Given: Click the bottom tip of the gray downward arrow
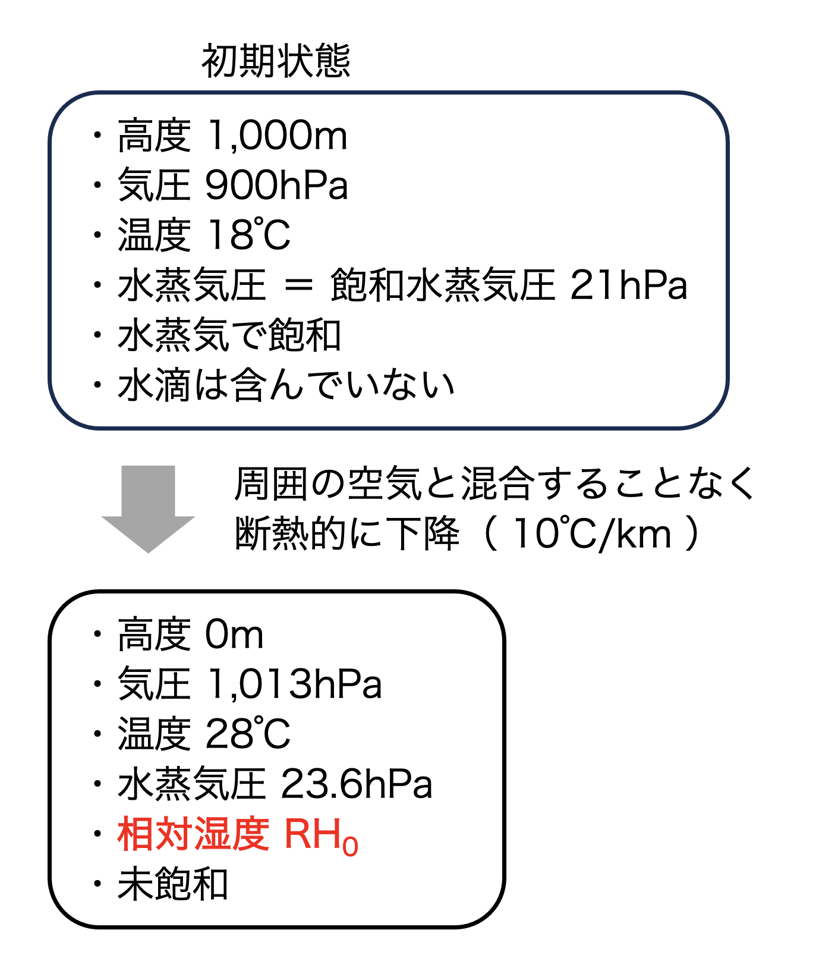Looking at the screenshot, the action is pos(148,552).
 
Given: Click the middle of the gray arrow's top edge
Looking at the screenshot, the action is pos(148,466).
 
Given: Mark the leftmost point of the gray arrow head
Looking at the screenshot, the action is pos(102,517).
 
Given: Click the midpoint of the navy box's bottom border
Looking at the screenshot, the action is pos(389,428).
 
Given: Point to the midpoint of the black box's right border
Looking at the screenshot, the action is pos(503,759).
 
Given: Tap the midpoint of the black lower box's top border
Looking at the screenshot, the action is pos(277,592).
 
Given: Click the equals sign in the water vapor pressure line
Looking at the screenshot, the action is pos(298,285).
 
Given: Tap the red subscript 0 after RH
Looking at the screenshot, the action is pos(350,846).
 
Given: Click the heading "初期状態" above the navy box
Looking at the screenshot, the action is pos(276,61).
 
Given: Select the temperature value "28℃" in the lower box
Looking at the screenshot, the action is pos(248,734).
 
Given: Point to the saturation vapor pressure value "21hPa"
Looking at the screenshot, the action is pos(628,285).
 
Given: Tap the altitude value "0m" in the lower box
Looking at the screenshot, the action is pos(234,635).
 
